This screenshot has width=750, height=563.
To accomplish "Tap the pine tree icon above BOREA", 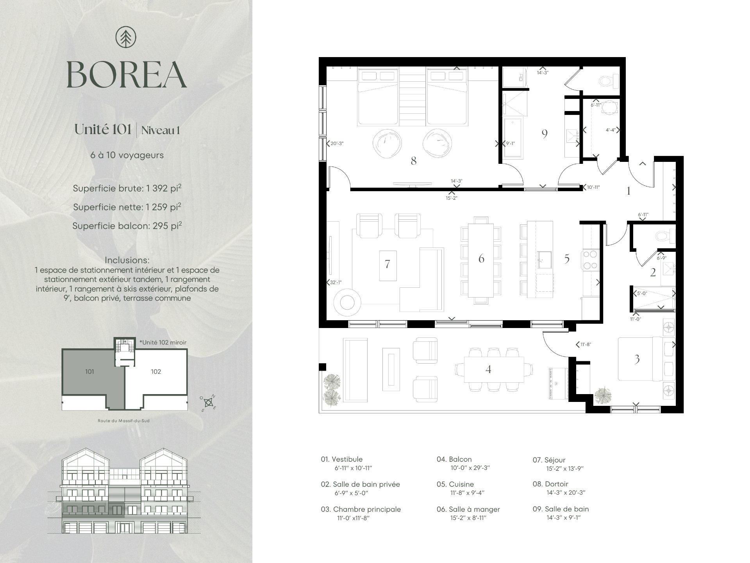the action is (126, 38).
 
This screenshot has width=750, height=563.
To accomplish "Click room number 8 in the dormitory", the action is (413, 160).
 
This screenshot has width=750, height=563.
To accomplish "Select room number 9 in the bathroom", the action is (545, 134).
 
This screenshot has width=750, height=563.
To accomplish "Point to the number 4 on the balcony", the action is (488, 369).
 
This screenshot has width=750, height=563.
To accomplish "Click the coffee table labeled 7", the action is (387, 265).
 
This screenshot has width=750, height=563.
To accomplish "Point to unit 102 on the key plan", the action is (156, 371).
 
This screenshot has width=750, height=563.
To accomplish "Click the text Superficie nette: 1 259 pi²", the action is (127, 207).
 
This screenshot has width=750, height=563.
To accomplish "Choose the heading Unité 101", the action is (103, 130).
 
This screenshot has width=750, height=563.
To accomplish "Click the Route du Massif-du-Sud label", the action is (124, 421).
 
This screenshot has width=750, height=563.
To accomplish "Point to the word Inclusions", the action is (127, 260).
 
